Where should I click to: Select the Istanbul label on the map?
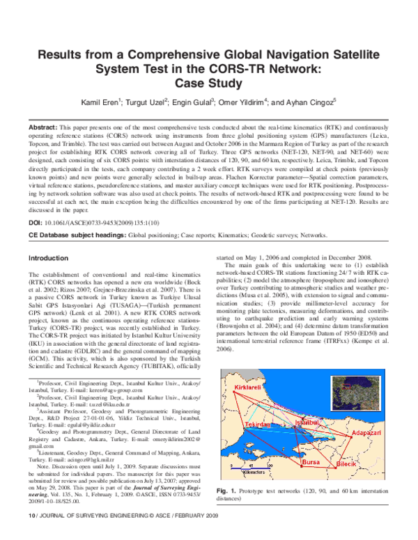(307, 422)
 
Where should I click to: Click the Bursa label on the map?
(310, 462)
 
